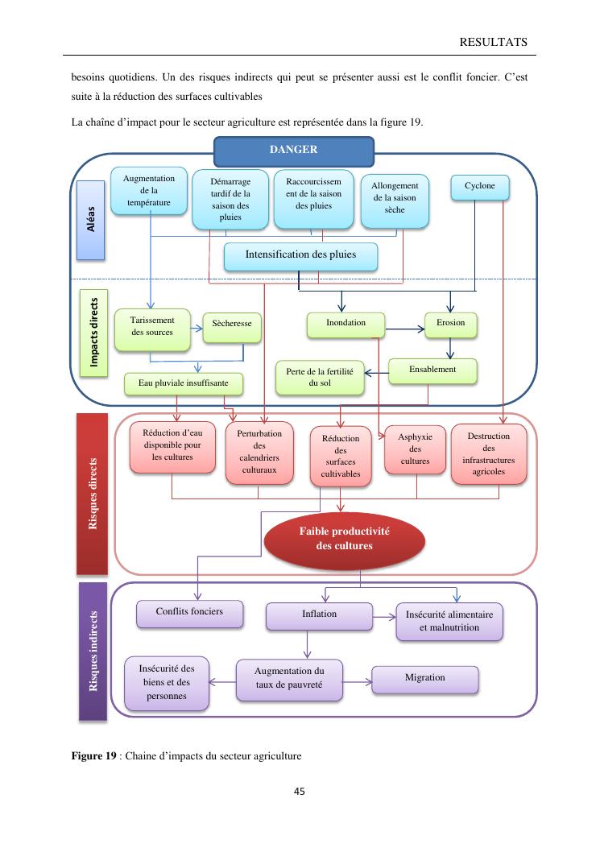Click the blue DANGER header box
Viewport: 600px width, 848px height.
point(293,151)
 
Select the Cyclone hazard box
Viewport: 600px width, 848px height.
point(480,187)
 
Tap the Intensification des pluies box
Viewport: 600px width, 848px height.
point(300,255)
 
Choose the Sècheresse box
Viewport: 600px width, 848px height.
point(232,324)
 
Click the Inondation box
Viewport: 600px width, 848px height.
point(346,324)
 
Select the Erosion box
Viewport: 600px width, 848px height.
point(450,324)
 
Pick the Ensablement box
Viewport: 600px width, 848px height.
point(432,370)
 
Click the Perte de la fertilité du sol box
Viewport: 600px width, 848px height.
point(319,378)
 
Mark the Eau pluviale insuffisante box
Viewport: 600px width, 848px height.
point(184,384)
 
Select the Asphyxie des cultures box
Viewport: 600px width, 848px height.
point(415,449)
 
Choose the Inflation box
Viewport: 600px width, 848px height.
point(319,615)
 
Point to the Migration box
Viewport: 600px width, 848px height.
point(424,679)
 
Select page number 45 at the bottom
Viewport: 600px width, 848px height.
point(300,792)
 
